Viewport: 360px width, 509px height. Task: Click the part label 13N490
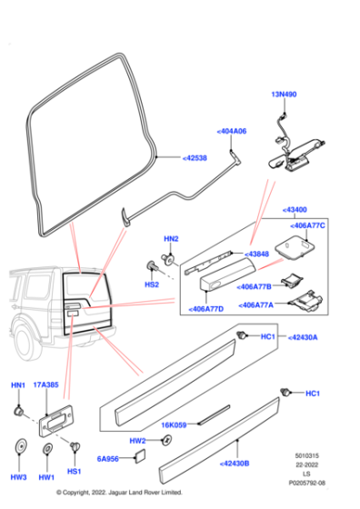284,95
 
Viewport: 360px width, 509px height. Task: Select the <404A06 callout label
231,131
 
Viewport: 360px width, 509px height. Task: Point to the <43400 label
299,208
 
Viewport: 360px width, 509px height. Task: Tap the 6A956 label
110,460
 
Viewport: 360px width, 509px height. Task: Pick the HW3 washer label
19,476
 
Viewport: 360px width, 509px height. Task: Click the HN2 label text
170,238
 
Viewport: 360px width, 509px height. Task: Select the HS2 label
152,284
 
